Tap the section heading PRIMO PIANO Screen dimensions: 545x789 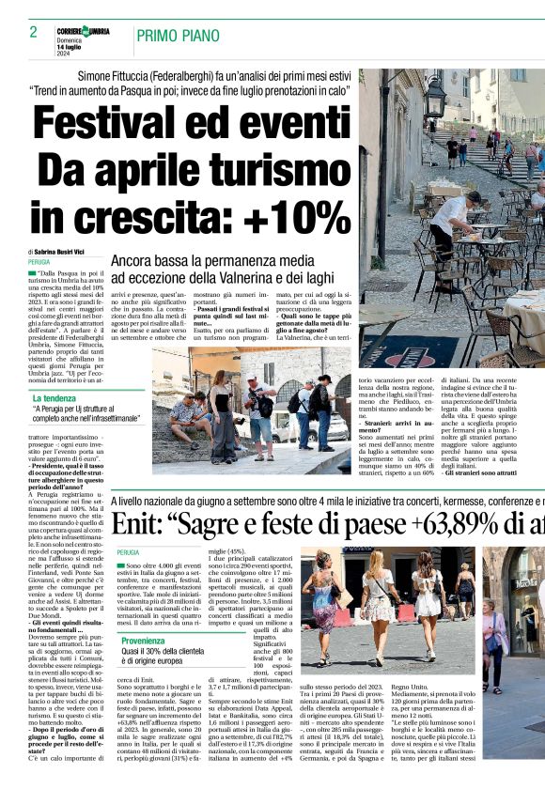click(173, 37)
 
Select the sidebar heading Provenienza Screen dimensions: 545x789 click(142, 641)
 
